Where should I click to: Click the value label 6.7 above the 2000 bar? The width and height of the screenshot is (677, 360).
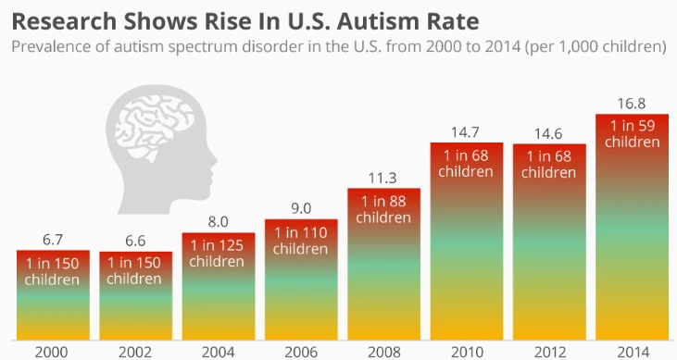click(53, 239)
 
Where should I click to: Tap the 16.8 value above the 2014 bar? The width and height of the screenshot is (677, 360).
click(632, 103)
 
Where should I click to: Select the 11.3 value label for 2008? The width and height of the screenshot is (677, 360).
click(383, 177)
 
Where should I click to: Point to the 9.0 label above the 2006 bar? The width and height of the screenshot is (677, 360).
click(301, 207)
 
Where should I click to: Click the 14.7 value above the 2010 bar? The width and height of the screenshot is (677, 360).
click(467, 132)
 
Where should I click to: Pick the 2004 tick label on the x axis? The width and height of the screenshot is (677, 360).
click(219, 352)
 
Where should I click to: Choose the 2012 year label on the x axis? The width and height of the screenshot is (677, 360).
click(549, 352)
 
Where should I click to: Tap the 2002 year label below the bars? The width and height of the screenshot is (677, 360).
click(135, 352)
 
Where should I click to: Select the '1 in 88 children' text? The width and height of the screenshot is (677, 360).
click(383, 208)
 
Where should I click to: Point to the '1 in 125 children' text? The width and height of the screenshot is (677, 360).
click(219, 253)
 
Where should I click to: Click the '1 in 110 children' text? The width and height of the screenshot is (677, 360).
click(301, 240)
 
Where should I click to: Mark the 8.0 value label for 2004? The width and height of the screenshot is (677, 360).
click(219, 221)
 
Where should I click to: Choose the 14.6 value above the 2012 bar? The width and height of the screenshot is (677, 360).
click(549, 132)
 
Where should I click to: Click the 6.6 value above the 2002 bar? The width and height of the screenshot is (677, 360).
click(135, 240)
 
